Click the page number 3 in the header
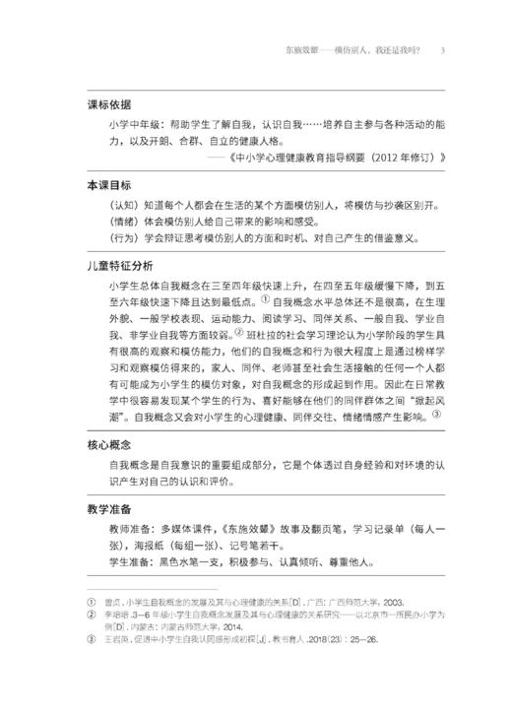tap(443, 50)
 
